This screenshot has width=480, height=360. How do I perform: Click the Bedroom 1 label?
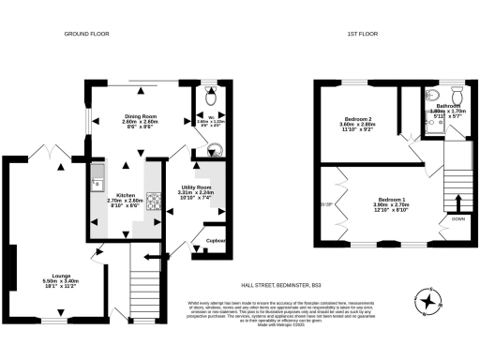click(392, 200)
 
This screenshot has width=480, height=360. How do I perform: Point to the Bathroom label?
click(450, 107)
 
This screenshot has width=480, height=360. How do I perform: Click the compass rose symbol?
click(429, 303)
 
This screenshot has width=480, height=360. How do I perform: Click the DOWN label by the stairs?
click(457, 218)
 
